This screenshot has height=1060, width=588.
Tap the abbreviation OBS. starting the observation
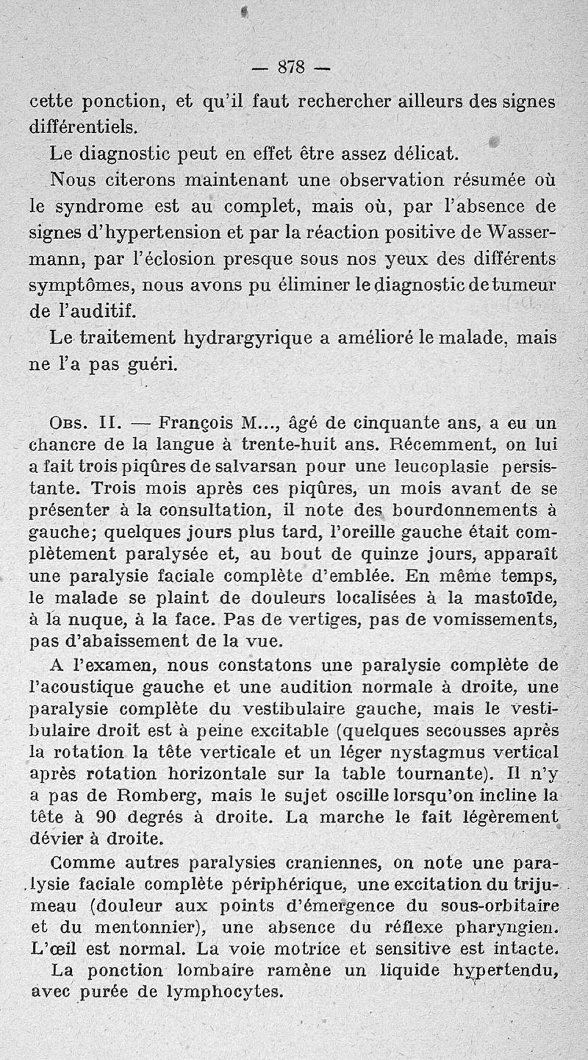(x=71, y=424)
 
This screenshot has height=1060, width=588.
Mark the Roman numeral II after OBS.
(x=108, y=424)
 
